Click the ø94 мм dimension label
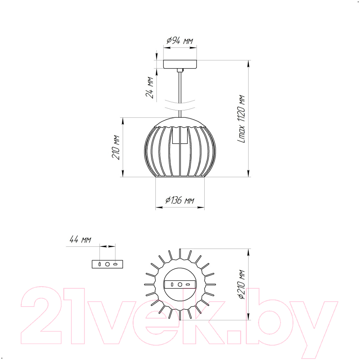pyautogui.click(x=180, y=41)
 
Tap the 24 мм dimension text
pyautogui.click(x=150, y=88)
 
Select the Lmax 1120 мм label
pyautogui.click(x=241, y=119)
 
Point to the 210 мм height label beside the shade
pyautogui.click(x=116, y=147)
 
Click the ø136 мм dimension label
pyautogui.click(x=180, y=200)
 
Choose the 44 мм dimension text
pyautogui.click(x=81, y=240)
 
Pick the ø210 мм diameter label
pyautogui.click(x=242, y=285)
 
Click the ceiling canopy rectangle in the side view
pyautogui.click(x=180, y=64)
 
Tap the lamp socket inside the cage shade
pyautogui.click(x=180, y=135)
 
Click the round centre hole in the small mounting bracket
pyautogui.click(x=108, y=264)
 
